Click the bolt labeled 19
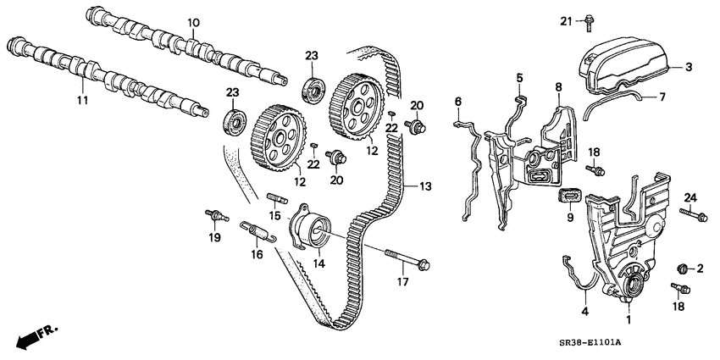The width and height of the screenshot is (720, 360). (x=216, y=215)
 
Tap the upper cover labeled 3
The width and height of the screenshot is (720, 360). (x=627, y=61)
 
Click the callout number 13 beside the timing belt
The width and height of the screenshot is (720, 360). (x=413, y=186)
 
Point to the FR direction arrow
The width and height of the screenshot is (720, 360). (x=34, y=336)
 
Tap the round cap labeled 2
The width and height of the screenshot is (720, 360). (x=679, y=269)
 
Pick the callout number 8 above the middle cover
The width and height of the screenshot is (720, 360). (x=558, y=87)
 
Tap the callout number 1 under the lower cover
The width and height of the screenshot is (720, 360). (x=628, y=321)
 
